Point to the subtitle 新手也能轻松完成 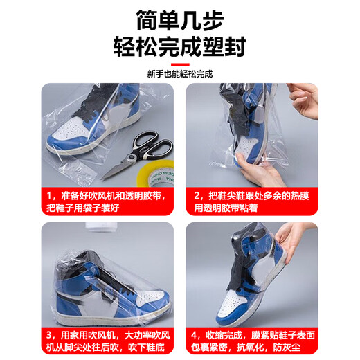tap(180, 73)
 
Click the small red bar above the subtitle tap(180, 61)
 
